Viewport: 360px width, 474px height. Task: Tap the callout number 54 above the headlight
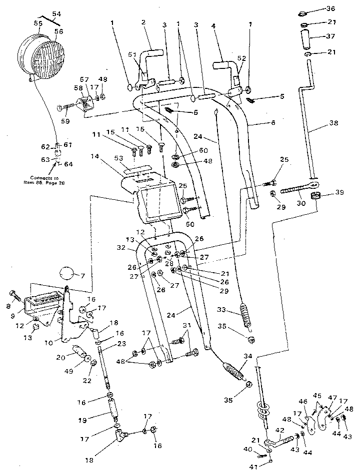(55, 14)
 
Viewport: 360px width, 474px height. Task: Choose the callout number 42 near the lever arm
(280, 430)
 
